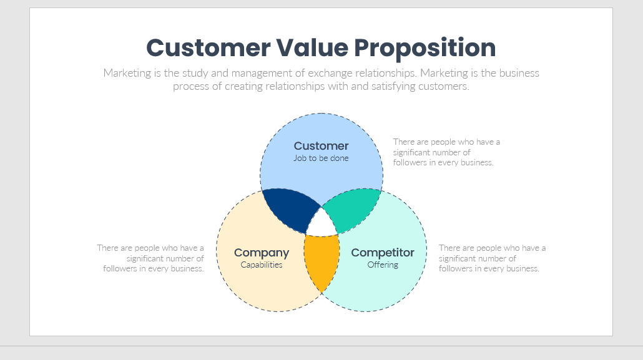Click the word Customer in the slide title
point(209,47)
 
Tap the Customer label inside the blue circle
point(321,146)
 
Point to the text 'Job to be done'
point(321,158)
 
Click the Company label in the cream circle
point(262,253)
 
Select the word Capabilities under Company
point(262,265)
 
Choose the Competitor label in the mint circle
point(383,253)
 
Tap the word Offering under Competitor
point(383,265)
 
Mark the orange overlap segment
point(322,260)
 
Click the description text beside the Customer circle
point(446,152)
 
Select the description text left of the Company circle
point(150,258)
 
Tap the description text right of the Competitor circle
point(492,258)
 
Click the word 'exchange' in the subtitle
point(330,74)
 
